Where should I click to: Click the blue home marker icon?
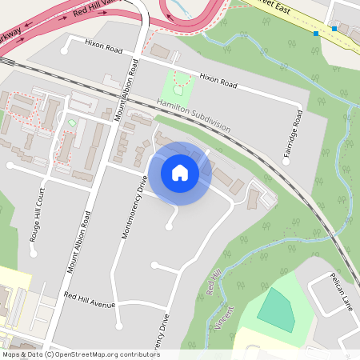point(180,173)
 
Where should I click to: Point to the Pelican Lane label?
point(342,290)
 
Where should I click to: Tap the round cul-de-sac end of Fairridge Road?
point(286,161)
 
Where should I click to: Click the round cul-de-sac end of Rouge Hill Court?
point(33,253)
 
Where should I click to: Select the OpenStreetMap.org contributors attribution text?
point(80,354)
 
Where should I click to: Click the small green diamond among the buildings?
point(72,123)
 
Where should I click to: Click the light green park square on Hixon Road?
point(179,86)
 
